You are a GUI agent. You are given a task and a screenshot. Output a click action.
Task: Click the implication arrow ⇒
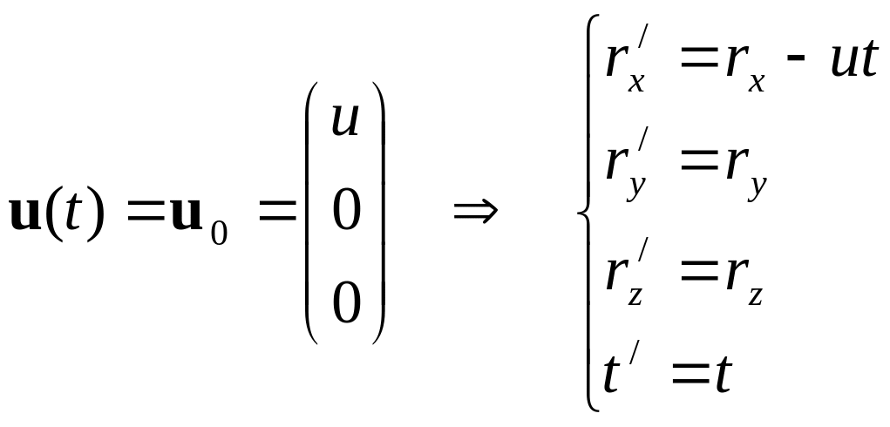[476, 212]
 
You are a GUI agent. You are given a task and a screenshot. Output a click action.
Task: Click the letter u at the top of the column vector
[346, 120]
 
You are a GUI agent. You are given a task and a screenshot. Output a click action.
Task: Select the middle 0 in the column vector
[346, 211]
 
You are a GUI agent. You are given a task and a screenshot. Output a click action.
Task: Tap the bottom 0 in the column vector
[346, 304]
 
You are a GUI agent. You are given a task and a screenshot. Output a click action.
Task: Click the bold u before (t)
[26, 213]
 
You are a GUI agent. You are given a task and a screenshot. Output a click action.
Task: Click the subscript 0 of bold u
[219, 233]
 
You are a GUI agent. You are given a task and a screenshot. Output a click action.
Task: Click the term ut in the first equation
[855, 59]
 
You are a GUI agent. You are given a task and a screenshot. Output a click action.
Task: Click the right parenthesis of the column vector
[378, 212]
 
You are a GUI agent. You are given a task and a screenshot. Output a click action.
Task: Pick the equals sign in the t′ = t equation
[690, 374]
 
